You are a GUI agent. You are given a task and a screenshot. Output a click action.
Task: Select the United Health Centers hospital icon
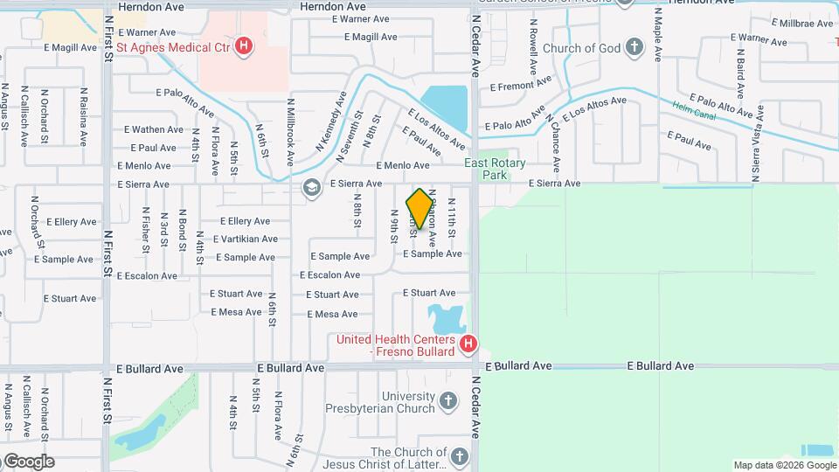(x=468, y=344)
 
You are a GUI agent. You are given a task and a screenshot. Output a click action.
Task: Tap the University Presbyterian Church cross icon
(x=447, y=401)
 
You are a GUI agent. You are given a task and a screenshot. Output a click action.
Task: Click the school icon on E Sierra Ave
(x=311, y=187)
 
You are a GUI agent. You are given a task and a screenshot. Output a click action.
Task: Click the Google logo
(x=28, y=462)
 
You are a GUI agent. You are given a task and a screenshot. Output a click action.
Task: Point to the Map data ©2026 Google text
(x=783, y=465)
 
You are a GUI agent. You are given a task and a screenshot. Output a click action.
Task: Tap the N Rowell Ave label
(x=532, y=51)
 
